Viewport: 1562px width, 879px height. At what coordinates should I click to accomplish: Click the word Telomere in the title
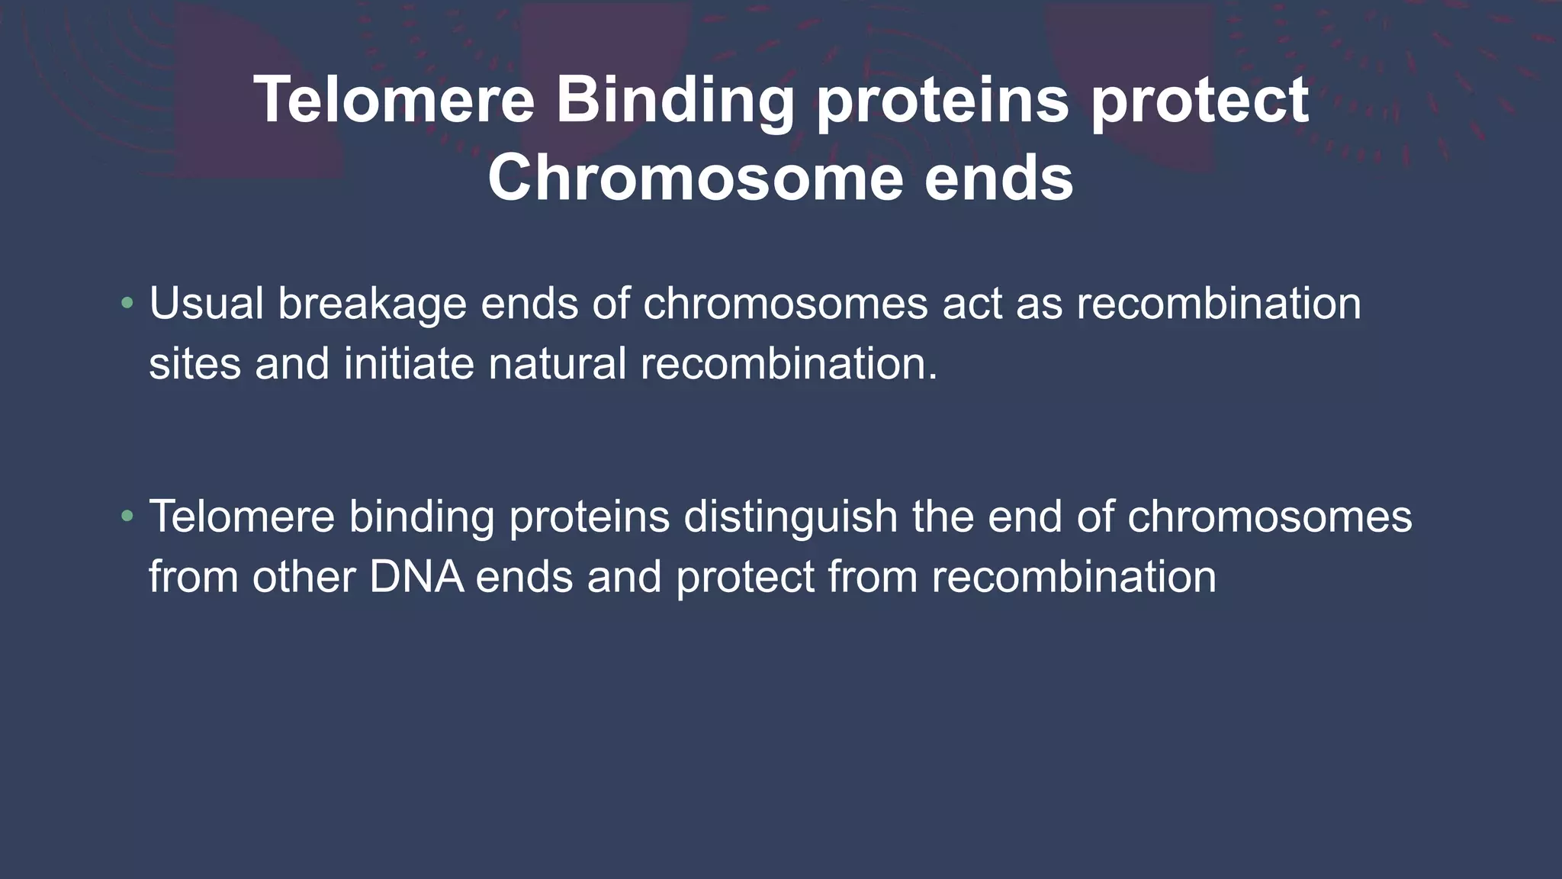point(394,100)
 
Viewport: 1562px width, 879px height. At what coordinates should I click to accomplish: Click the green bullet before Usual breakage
point(127,304)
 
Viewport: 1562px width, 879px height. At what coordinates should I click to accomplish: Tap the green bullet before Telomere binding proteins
point(127,517)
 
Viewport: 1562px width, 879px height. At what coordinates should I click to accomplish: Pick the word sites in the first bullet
point(194,364)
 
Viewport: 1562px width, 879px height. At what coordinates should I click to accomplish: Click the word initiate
point(409,364)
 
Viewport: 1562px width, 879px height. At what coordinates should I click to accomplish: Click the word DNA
point(416,577)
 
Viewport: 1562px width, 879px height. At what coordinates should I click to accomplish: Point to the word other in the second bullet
point(304,577)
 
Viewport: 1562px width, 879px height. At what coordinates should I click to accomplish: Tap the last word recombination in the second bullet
point(1073,577)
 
